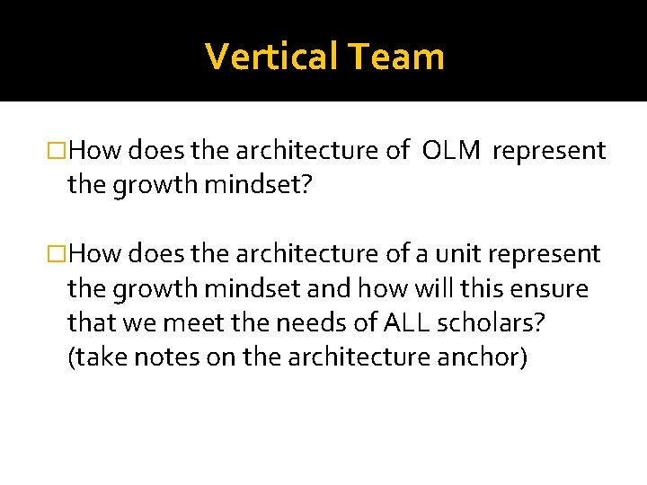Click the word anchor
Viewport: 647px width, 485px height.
[481, 357]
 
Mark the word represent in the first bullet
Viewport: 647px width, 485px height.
[549, 152]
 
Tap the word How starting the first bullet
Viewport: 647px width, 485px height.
[95, 152]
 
